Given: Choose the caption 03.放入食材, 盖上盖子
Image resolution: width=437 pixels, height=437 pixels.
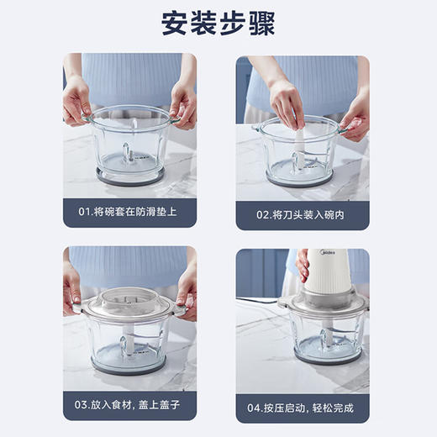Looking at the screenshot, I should pos(129,406).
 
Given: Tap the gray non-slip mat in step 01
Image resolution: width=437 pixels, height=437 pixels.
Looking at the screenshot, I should pos(129,176).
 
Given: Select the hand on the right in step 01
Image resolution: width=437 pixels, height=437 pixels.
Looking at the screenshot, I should pos(182,105).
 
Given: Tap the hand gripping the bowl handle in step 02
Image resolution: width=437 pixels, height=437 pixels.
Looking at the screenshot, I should pos(354,123).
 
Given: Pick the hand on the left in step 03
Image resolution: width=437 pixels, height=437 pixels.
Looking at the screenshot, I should pos(72,293).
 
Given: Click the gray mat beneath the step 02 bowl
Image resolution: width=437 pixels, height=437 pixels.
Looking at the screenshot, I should pos(299,178).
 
